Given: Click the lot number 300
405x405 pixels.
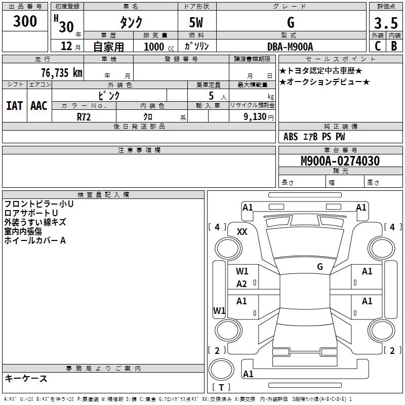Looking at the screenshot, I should click(25, 21).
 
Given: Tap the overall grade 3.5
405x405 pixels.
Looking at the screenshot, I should click(385, 23).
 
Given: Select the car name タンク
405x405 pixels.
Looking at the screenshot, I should click(131, 22).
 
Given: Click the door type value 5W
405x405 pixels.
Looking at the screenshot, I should click(197, 23).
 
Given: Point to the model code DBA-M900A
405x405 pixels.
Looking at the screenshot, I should click(290, 46).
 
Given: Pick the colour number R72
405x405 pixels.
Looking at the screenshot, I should click(84, 116).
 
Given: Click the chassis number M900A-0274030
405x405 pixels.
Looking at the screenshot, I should click(340, 161).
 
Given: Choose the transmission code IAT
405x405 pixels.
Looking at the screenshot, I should click(14, 106).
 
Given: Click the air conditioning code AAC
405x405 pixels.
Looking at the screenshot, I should click(38, 106).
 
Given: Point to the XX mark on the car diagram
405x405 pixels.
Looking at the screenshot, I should click(242, 232).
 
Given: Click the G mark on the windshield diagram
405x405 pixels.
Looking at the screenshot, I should click(319, 266).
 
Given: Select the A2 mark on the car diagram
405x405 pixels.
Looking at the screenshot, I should click(242, 284).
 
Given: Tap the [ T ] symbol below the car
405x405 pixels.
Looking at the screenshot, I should click(221, 387).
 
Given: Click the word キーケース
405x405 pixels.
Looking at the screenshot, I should click(26, 378).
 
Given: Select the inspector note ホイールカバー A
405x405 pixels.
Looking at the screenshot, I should click(35, 240).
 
